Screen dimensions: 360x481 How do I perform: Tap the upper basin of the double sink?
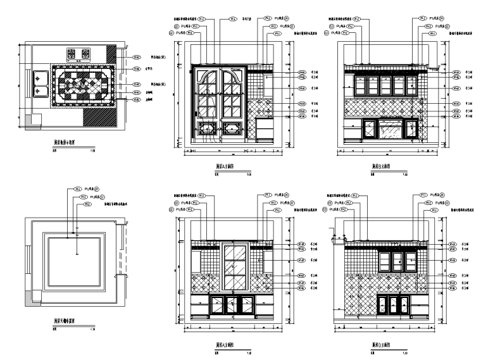coord(41,77)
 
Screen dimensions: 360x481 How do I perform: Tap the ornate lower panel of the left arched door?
coord(207,129)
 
